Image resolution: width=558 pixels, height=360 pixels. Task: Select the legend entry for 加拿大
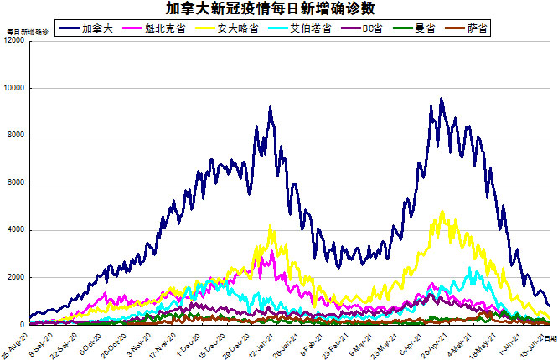pyautogui.click(x=104, y=28)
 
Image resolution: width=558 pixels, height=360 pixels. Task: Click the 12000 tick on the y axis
pyautogui.click(x=13, y=41)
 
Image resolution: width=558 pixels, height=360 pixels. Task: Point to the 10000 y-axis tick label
pyautogui.click(x=13, y=88)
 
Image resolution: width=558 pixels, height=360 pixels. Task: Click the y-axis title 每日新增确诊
pyautogui.click(x=27, y=32)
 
